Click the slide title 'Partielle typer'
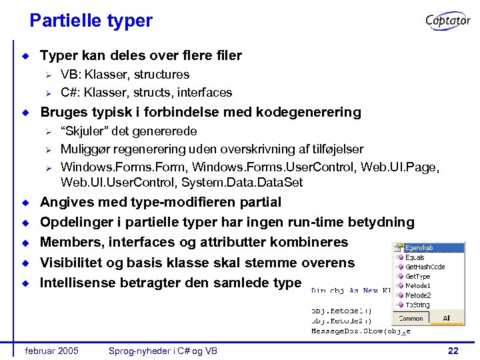point(91,21)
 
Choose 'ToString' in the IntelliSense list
point(417,305)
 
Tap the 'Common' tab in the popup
point(411,318)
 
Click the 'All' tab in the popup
point(446,318)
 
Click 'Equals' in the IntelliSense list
point(415,257)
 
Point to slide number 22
point(453,351)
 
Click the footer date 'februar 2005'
point(51,351)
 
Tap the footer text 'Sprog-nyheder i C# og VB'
point(163,351)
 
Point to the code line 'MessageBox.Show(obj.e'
point(360,331)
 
